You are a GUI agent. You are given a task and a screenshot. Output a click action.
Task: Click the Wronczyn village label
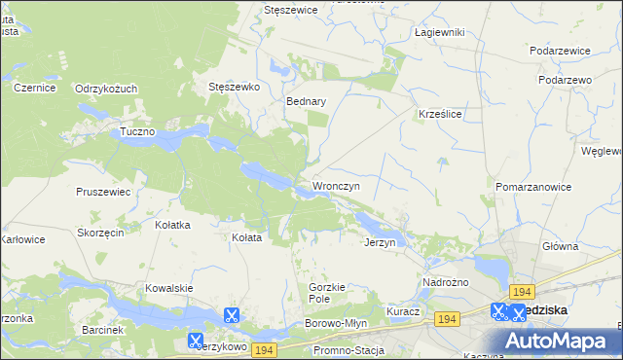pyautogui.click(x=337, y=185)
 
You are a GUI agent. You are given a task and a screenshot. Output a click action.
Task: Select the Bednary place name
pyautogui.click(x=306, y=100)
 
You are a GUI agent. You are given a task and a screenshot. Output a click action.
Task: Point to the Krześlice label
pyautogui.click(x=439, y=113)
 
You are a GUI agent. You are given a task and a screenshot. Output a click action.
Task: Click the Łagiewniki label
pyautogui.click(x=439, y=32)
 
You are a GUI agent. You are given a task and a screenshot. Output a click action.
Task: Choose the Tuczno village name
pyautogui.click(x=138, y=130)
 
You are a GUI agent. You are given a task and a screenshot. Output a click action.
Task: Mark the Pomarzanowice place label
pyautogui.click(x=531, y=185)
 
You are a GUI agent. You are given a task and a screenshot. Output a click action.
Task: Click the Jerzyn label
pyautogui.click(x=380, y=242)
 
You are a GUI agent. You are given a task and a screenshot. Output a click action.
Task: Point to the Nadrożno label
pyautogui.click(x=446, y=282)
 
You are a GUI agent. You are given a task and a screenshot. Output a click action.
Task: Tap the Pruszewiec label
pyautogui.click(x=103, y=192)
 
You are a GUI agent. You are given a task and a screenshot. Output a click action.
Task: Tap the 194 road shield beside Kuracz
pyautogui.click(x=447, y=319)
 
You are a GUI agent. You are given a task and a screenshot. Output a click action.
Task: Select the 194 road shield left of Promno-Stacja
pyautogui.click(x=264, y=349)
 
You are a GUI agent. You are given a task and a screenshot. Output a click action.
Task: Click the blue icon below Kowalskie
pyautogui.click(x=232, y=315)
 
